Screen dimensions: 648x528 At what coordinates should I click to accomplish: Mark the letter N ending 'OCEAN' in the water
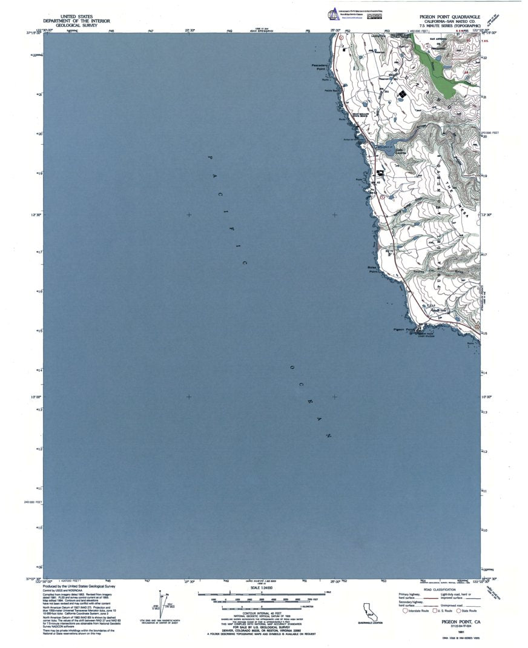point(329,435)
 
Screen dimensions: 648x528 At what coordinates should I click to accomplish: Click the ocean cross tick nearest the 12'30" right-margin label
point(334,215)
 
